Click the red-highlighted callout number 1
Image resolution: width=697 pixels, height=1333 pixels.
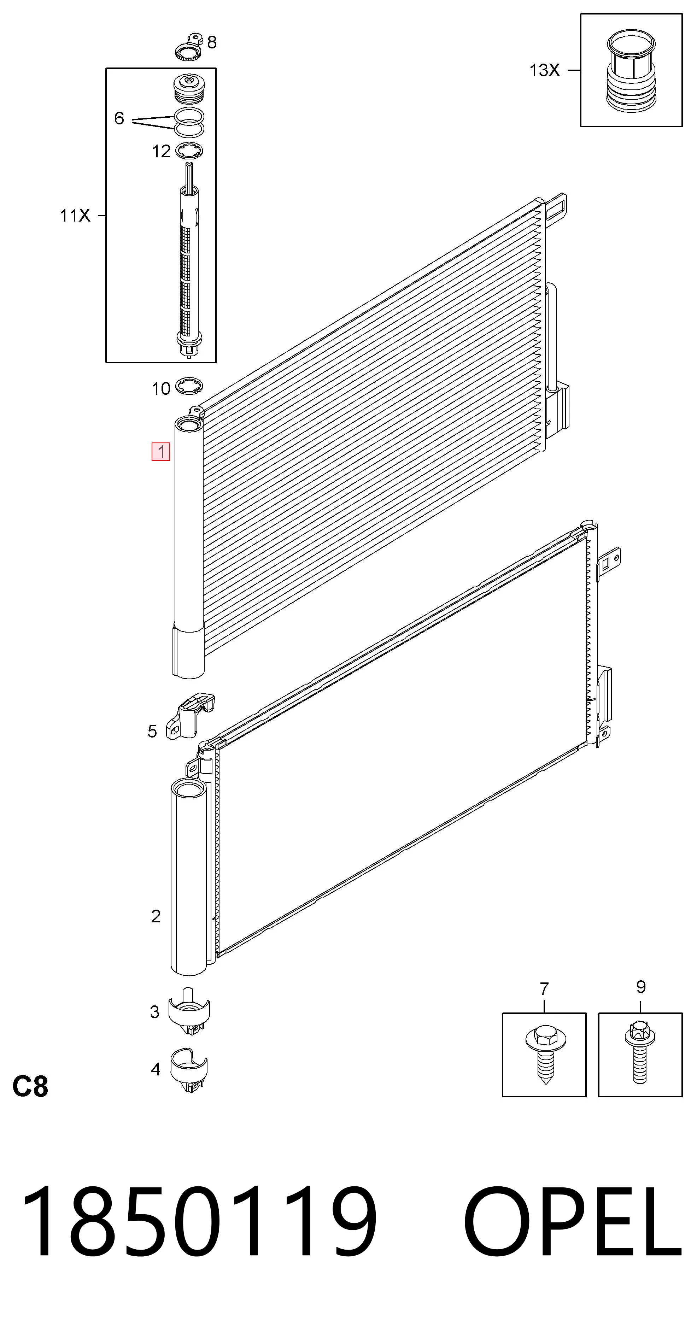pos(161,451)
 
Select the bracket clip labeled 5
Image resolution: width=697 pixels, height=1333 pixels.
pos(190,717)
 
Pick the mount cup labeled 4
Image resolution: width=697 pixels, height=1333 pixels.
pos(189,1070)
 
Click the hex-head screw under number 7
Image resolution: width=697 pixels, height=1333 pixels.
pos(545,1052)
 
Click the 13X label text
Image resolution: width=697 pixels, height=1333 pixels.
pos(544,70)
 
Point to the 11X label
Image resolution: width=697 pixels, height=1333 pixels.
pos(75,215)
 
